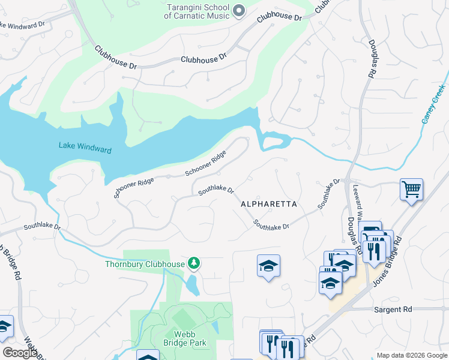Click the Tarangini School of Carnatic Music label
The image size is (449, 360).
coord(197,10)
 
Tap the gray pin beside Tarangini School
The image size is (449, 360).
coord(239,10)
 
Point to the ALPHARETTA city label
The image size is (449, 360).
coord(269,204)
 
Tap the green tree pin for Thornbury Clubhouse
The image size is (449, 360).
coord(194,263)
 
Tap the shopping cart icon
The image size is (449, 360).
coord(412,190)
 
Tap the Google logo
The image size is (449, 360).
coord(20,353)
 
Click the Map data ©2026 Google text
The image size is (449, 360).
coord(412,355)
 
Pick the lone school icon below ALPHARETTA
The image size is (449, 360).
coord(268,266)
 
